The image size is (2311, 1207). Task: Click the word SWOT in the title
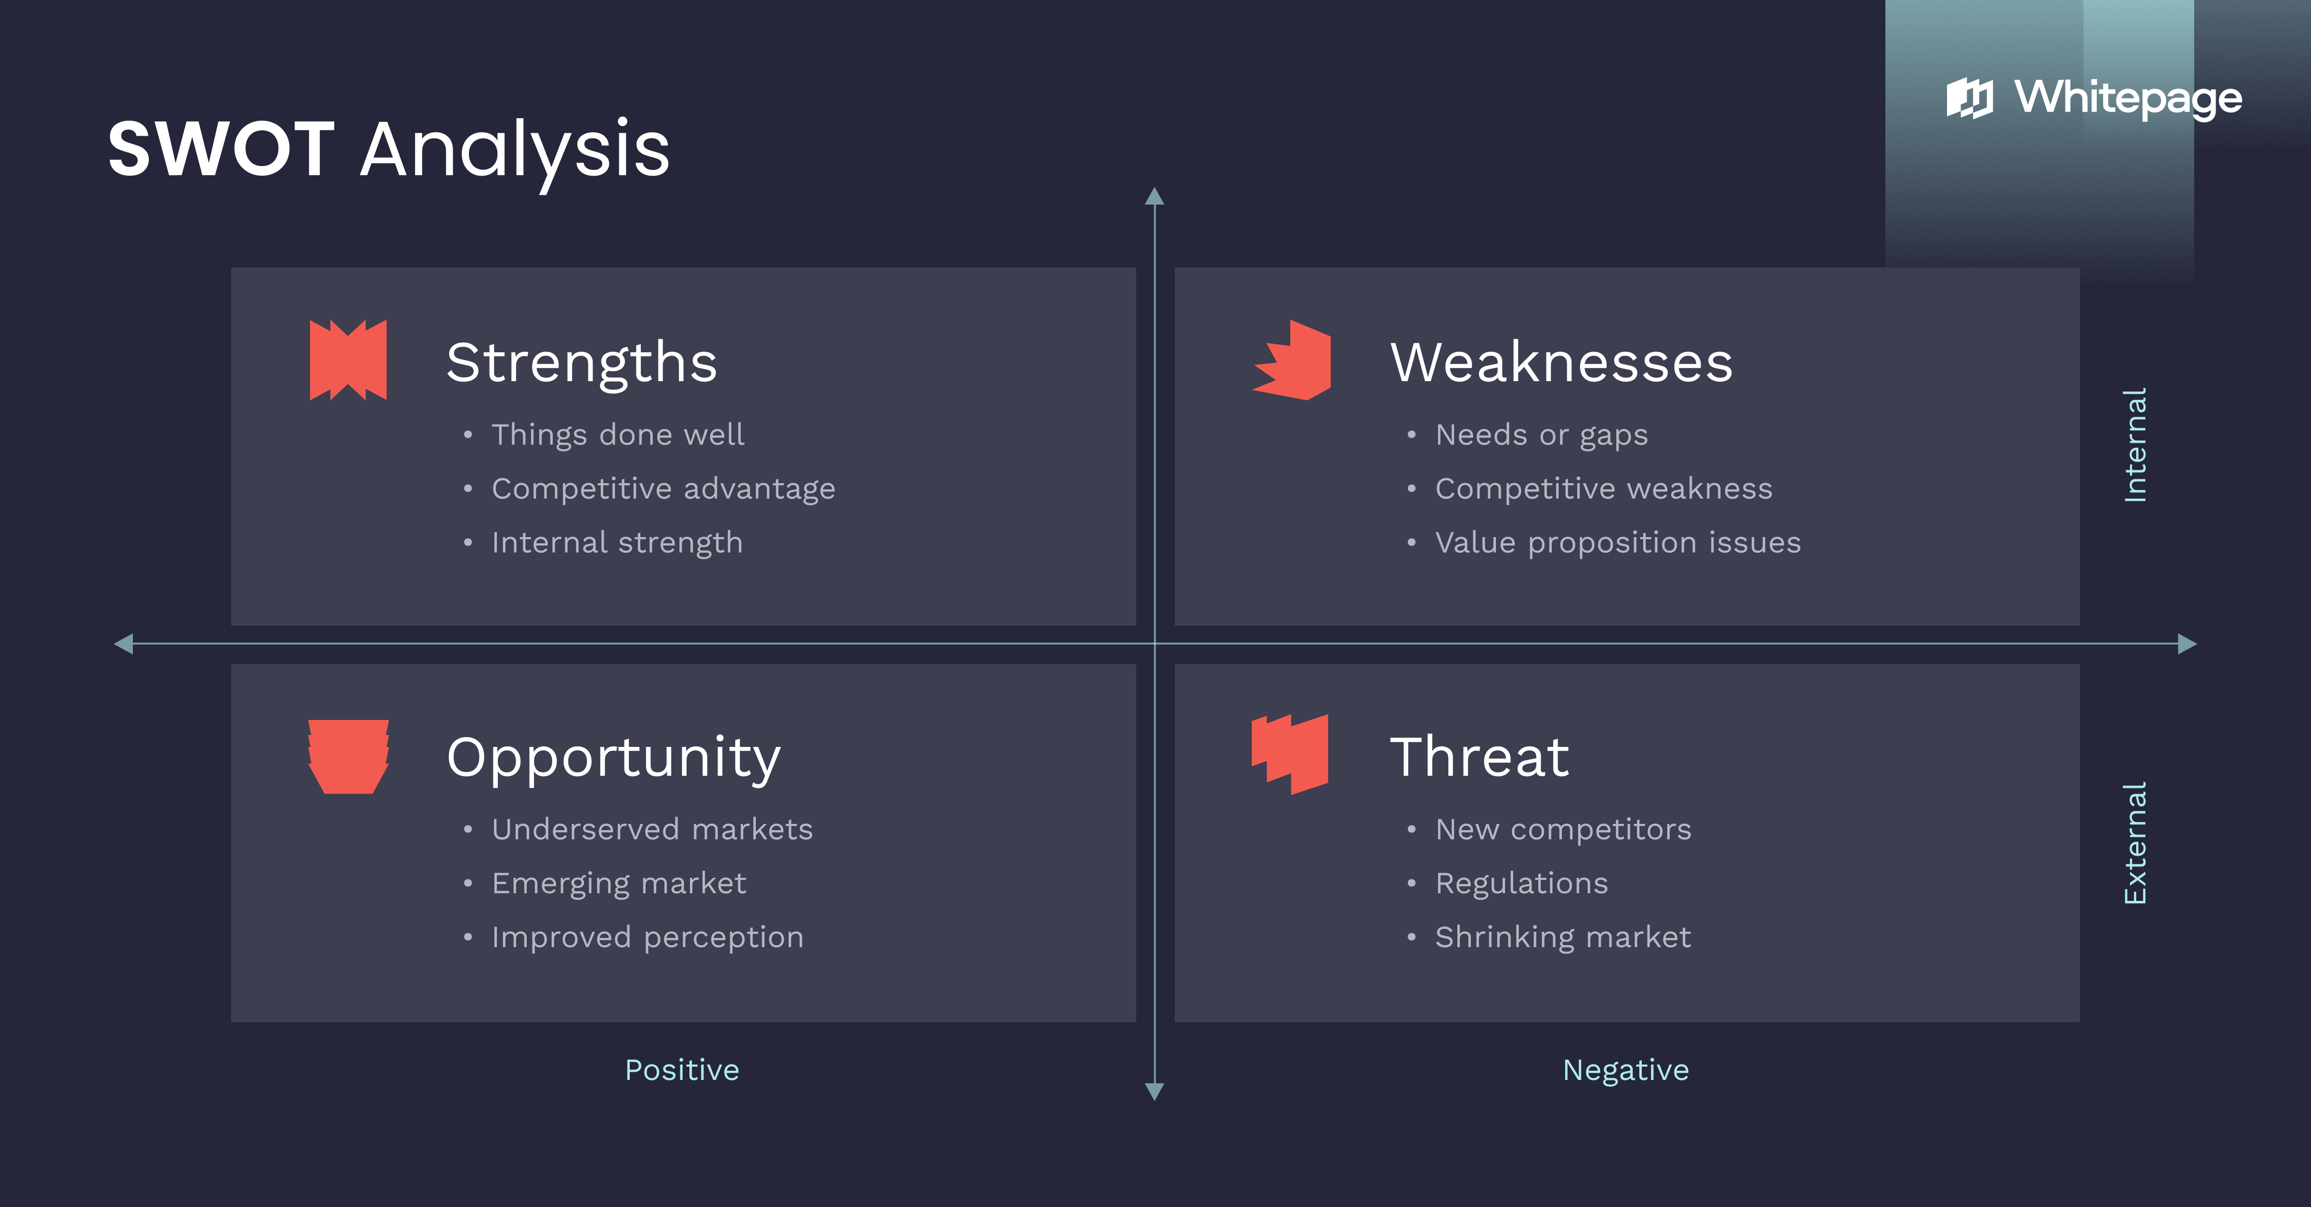click(221, 149)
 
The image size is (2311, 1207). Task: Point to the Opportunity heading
click(614, 758)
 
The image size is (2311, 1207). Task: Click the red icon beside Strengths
click(348, 360)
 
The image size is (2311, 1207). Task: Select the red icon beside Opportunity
click(348, 756)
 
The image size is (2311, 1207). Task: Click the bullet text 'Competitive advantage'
click(663, 488)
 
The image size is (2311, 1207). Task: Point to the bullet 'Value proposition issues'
click(1618, 542)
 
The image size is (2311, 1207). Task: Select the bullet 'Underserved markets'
click(652, 830)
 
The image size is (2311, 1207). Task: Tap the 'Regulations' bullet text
click(1521, 883)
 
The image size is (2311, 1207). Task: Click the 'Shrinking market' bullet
click(1563, 937)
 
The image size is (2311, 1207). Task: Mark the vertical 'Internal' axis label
click(2135, 445)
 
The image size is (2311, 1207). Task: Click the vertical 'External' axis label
click(2135, 843)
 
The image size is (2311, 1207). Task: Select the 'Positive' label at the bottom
click(682, 1070)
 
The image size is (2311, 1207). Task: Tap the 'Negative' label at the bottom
click(1625, 1070)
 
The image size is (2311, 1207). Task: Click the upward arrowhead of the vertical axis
click(1155, 196)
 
